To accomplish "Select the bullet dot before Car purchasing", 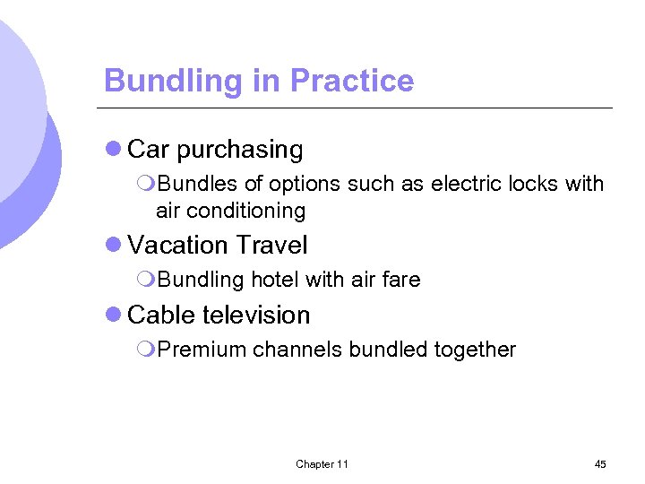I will pos(113,150).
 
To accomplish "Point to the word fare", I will pos(401,280).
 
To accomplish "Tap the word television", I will pos(256,315).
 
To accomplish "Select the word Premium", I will pos(202,350).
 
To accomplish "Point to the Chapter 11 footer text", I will pos(322,464).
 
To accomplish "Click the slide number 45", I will pos(600,464).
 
